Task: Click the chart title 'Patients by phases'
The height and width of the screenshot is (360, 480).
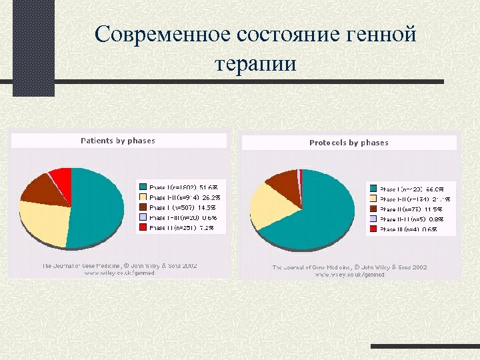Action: coord(118,141)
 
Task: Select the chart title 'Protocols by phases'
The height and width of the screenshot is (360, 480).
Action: coord(349,143)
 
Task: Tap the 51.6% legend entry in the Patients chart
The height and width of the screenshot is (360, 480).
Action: coord(183,188)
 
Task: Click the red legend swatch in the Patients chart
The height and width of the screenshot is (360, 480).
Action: coord(142,228)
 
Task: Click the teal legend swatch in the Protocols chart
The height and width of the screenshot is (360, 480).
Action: coord(373,189)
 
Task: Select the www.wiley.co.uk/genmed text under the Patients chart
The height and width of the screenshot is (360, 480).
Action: coord(119,273)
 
